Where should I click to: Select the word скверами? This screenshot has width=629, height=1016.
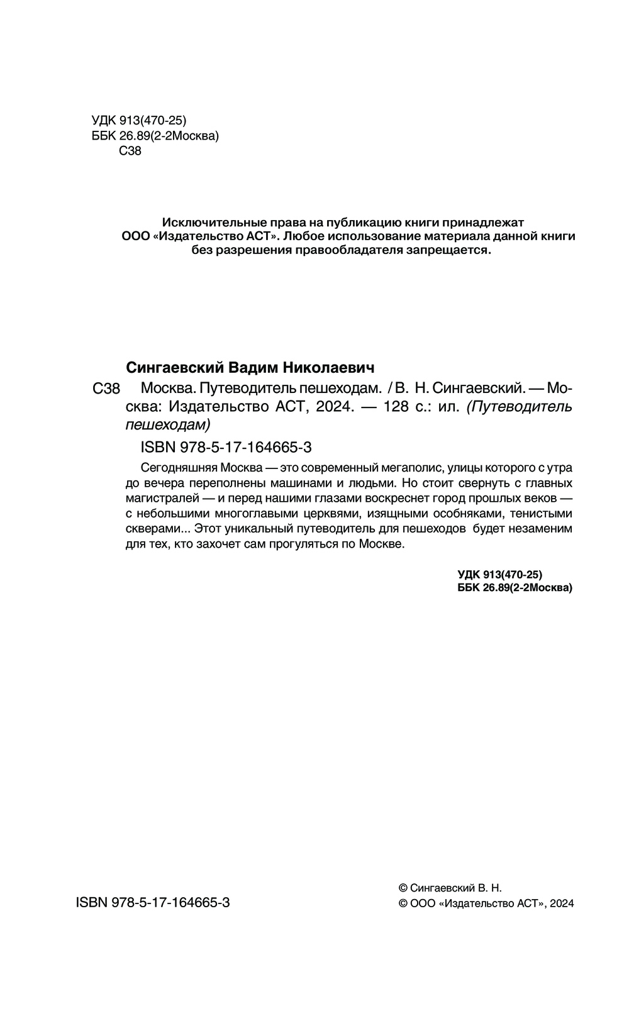coord(151,529)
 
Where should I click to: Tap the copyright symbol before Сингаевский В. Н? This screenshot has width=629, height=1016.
coord(404,888)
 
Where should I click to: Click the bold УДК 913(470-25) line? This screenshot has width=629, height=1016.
coord(499,574)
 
